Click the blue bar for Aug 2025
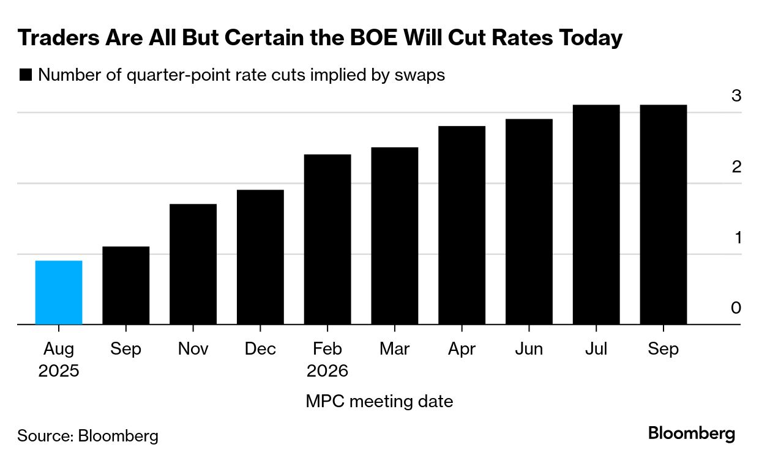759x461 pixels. click(x=59, y=292)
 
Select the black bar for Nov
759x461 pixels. click(x=193, y=264)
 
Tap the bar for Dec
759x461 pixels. click(x=260, y=257)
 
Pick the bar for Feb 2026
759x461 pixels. click(x=327, y=239)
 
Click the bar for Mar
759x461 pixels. click(x=395, y=235)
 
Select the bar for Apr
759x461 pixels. click(x=462, y=225)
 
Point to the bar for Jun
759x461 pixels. click(x=529, y=221)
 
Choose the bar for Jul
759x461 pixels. click(x=596, y=214)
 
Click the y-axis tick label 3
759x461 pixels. click(x=736, y=96)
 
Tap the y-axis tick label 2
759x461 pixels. click(x=736, y=166)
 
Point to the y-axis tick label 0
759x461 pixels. click(x=736, y=308)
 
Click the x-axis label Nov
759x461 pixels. click(x=193, y=349)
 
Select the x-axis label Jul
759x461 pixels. click(x=596, y=349)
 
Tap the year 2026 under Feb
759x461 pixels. click(x=327, y=371)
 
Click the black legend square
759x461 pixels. click(x=26, y=75)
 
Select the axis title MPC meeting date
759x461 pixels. click(x=379, y=402)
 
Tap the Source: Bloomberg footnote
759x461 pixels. click(x=88, y=436)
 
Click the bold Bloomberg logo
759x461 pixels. click(x=692, y=434)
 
